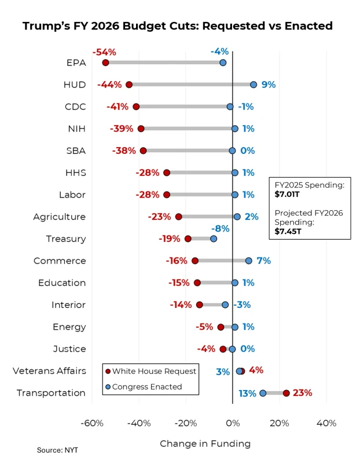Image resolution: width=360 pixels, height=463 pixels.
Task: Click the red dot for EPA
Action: click(105, 63)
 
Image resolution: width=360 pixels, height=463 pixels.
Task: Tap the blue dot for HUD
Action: click(254, 84)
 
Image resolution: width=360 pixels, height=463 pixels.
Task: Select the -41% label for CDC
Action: click(117, 106)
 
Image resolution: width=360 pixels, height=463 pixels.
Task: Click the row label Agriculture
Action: click(59, 217)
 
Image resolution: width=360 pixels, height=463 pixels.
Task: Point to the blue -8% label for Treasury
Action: click(221, 229)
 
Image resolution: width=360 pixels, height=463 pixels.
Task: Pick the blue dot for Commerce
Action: click(249, 261)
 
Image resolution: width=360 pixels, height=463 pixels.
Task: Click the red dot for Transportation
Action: click(286, 393)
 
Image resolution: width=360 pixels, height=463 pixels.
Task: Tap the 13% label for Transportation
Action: click(247, 394)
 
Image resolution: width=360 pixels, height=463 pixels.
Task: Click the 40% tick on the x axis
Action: click(326, 423)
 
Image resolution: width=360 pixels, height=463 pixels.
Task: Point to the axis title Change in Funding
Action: click(205, 444)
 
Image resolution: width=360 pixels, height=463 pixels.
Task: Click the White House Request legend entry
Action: click(154, 371)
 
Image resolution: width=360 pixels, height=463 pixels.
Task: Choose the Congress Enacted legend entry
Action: click(147, 387)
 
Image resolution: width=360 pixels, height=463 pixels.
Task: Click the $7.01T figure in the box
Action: click(287, 194)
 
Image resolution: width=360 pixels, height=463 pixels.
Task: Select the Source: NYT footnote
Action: click(57, 450)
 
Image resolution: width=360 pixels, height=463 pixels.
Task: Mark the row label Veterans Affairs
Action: click(49, 371)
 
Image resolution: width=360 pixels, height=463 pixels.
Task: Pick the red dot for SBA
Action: click(143, 151)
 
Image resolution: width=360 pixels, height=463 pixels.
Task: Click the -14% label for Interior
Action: click(181, 305)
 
